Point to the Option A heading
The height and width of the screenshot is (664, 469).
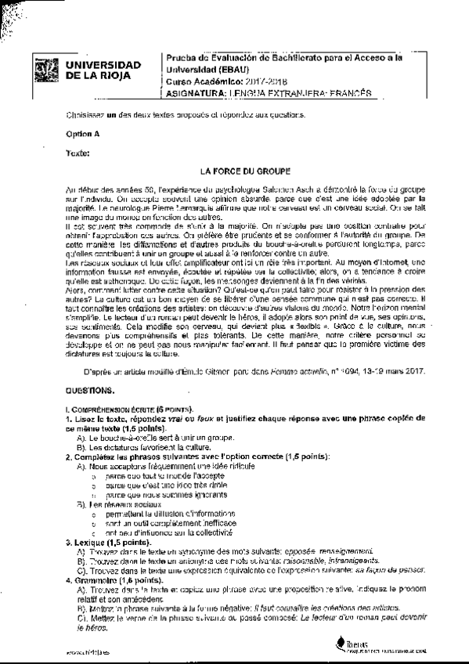(x=83, y=134)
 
